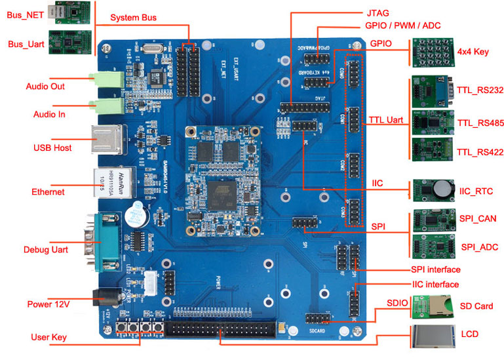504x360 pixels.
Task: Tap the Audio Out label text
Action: (45, 87)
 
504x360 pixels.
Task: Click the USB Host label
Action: (52, 148)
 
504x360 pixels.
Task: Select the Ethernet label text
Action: (48, 192)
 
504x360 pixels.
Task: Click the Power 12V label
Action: (48, 304)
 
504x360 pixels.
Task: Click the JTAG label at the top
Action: (378, 12)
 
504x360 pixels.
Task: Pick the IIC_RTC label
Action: (477, 191)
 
